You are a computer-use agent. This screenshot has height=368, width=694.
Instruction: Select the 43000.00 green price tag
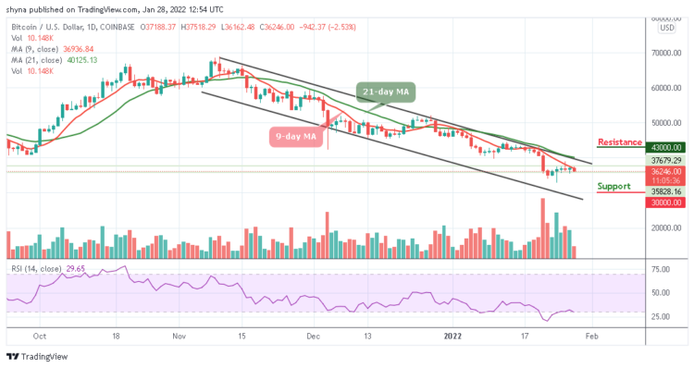(665, 147)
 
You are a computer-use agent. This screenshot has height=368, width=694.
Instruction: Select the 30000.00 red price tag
(665, 202)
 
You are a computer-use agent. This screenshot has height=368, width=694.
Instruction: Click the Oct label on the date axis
(39, 337)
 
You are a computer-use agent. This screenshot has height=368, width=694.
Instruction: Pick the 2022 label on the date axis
(454, 337)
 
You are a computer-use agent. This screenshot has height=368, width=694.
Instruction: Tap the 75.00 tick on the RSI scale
(662, 269)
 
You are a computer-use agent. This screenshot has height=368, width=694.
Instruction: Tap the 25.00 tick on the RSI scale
(662, 316)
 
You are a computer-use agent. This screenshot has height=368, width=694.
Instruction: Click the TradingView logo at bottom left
(42, 357)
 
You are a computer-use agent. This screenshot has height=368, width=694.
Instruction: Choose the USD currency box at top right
(665, 28)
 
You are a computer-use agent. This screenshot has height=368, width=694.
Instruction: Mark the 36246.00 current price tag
(665, 171)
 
